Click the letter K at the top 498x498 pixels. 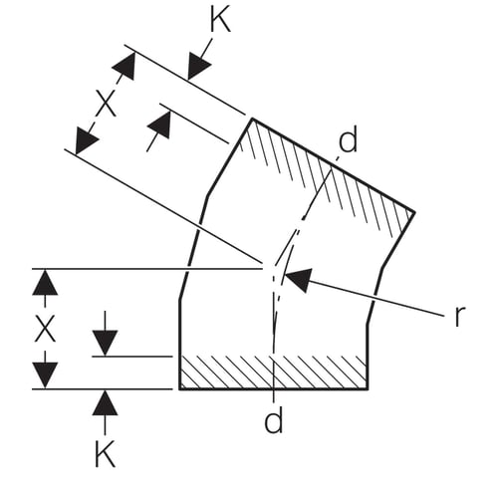[220, 21]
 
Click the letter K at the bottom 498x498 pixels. [105, 454]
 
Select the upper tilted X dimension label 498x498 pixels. [106, 104]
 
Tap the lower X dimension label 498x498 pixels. [45, 329]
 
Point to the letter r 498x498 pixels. [458, 316]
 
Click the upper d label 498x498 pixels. [348, 140]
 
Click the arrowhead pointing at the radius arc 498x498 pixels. [299, 279]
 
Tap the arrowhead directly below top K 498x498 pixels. [198, 68]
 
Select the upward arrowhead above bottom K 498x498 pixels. [105, 402]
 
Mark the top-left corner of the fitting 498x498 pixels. [252, 119]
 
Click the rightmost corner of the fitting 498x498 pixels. [414, 212]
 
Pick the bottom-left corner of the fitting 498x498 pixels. [180, 388]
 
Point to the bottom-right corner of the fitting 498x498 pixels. [368, 388]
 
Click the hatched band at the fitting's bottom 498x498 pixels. [274, 373]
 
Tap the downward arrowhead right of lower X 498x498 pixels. [105, 344]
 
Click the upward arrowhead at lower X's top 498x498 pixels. [45, 282]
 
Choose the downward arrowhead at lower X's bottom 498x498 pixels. [45, 375]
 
